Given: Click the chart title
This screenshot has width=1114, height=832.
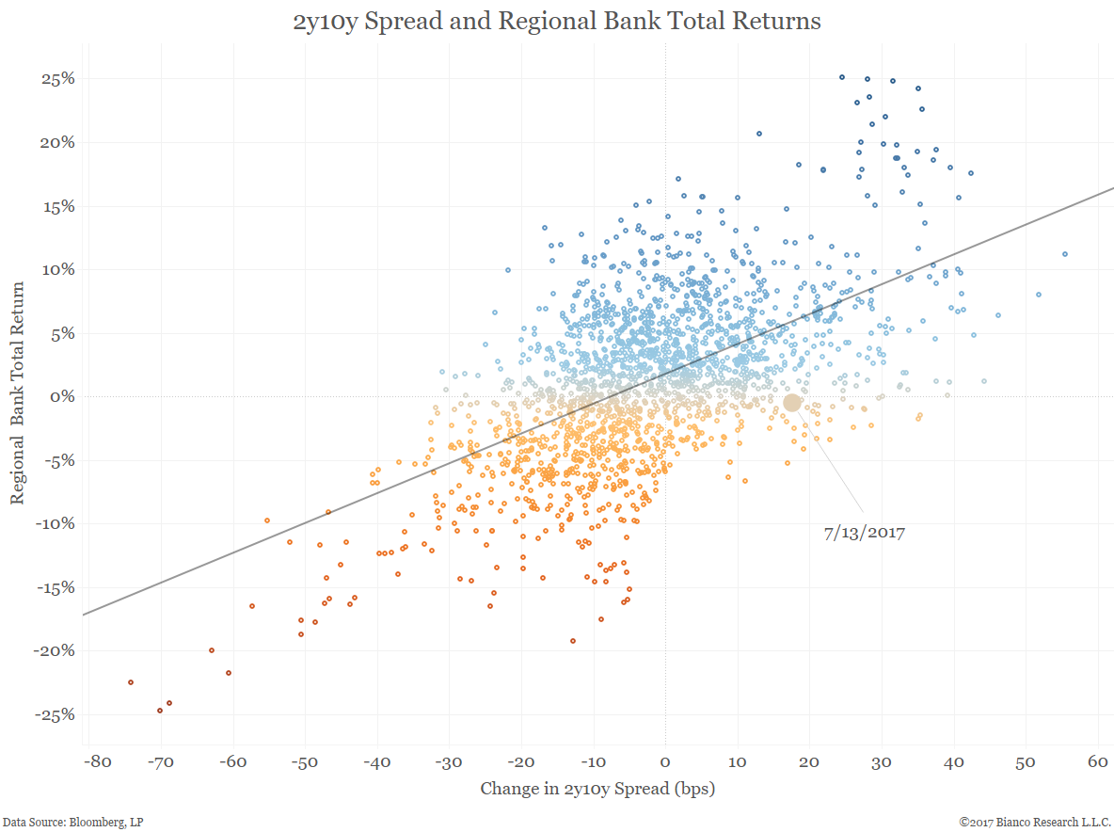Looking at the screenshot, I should pos(557,21).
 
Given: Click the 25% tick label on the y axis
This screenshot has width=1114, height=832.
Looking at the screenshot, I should pos(56,79).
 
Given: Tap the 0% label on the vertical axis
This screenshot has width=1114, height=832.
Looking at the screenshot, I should pos(61,396).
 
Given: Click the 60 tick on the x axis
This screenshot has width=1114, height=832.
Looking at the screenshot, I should pos(1098,761).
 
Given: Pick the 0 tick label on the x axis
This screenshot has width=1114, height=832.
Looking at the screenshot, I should pos(665,761).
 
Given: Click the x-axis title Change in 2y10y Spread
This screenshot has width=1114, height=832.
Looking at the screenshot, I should pos(597,789).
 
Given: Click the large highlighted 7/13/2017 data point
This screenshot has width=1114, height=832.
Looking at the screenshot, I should pos(792,403).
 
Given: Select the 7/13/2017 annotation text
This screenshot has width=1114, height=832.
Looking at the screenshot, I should pos(864,533).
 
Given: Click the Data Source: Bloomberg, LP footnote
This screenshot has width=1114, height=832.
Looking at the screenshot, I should pos(72,822).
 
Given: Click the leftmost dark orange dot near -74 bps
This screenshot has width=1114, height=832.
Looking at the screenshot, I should pos(131,682).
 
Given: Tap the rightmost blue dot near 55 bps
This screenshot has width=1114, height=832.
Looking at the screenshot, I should pos(1065,254).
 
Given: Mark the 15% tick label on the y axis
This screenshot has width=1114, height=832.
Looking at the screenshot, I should pos(56,206).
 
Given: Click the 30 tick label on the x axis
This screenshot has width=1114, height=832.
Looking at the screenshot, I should pos(882,761).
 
